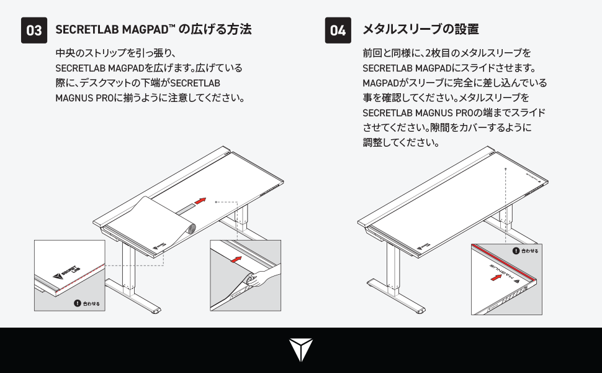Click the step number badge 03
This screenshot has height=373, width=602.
34,30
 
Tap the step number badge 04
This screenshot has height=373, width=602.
338,30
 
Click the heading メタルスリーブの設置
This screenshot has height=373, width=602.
420,29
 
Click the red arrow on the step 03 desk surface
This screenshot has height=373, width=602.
199,201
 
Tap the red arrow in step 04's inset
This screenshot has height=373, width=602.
496,279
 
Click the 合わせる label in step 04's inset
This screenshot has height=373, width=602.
530,251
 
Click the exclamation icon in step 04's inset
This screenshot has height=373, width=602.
516,251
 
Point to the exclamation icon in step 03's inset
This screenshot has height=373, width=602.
77,304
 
